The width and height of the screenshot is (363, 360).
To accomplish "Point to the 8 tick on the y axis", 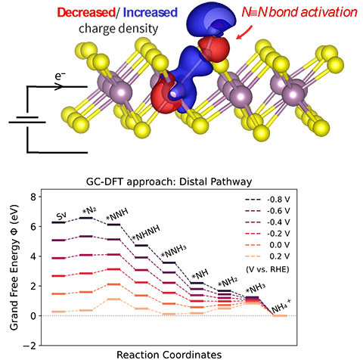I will point(33,197).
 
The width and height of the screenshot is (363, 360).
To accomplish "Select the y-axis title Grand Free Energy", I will point(14,270).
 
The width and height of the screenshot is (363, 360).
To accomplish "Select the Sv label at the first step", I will point(63,215).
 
